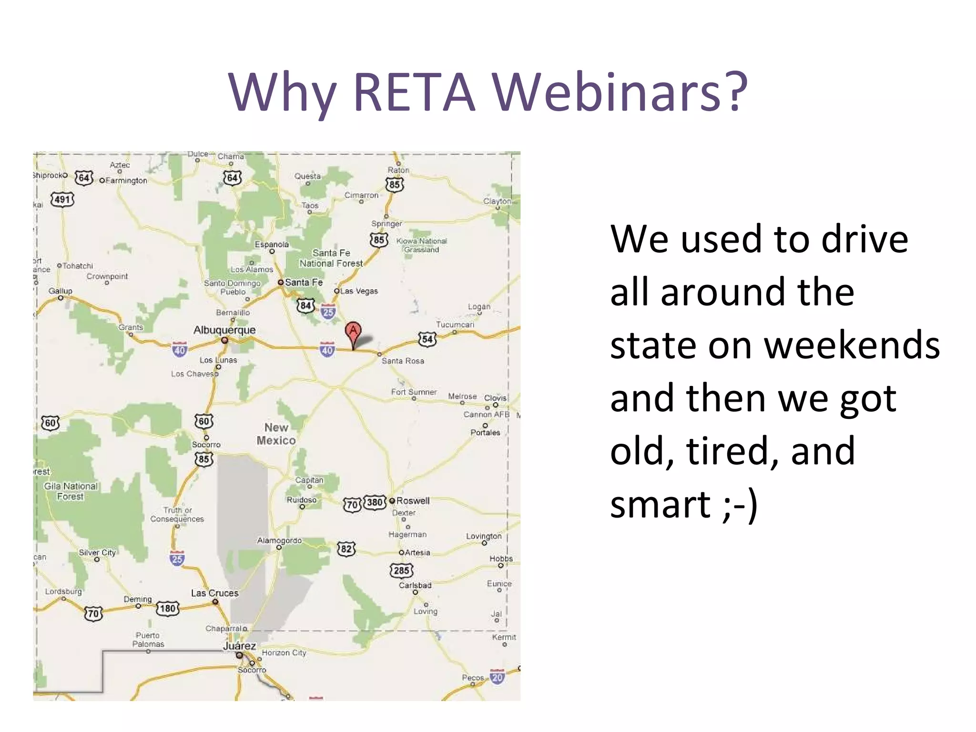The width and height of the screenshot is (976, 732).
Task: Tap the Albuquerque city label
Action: point(224,330)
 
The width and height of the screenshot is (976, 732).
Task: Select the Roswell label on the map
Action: point(412,500)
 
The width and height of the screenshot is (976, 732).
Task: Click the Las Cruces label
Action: point(214,593)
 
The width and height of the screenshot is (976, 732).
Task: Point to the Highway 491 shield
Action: point(63,199)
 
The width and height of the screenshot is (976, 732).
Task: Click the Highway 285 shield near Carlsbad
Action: point(401,570)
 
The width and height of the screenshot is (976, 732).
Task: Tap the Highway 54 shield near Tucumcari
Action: point(427,339)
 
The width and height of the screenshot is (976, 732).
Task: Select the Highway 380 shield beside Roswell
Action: point(375,502)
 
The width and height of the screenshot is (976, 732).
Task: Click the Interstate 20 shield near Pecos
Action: point(497,677)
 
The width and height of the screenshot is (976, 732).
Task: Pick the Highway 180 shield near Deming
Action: point(168,608)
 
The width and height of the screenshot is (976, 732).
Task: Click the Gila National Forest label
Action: point(71,491)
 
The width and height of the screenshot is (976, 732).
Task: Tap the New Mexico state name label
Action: point(276,434)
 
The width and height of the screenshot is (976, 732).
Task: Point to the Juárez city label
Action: point(239,646)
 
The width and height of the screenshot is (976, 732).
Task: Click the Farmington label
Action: point(126,181)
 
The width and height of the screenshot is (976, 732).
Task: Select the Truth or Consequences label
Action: point(177,514)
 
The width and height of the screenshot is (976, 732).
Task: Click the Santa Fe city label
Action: point(304,282)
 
